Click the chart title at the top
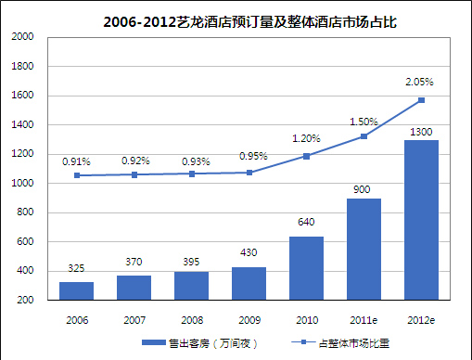[x=249, y=22]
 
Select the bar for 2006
[x=76, y=290]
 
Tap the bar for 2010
[x=306, y=268]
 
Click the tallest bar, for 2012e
[x=421, y=220]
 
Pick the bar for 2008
[x=191, y=286]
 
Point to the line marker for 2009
[x=249, y=173]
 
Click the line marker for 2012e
[x=421, y=100]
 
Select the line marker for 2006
[x=77, y=175]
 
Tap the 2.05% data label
[x=419, y=82]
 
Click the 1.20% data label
[x=306, y=138]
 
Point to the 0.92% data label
[x=135, y=161]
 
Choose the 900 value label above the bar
[x=362, y=189]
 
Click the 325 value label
[x=76, y=268]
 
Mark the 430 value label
[x=249, y=252]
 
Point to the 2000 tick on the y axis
[x=22, y=36]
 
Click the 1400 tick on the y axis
[x=22, y=124]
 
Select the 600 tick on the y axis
[x=25, y=241]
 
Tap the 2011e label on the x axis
[x=364, y=320]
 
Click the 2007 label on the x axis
[x=134, y=320]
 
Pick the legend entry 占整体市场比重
[x=340, y=343]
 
